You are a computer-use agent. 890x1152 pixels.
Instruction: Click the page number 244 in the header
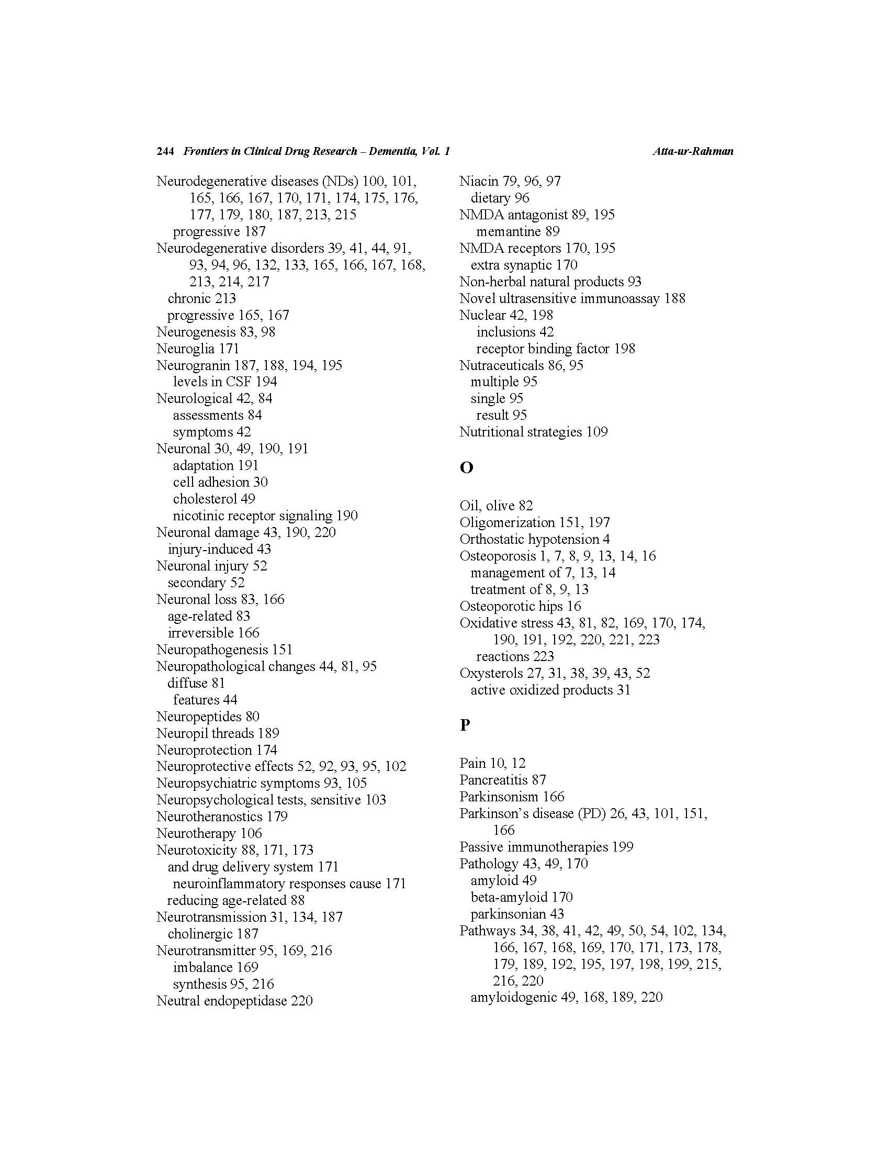[x=165, y=151]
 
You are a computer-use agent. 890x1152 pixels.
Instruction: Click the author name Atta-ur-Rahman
[x=692, y=151]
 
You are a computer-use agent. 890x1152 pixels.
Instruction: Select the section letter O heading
[x=466, y=468]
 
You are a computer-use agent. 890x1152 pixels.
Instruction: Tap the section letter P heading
[x=465, y=725]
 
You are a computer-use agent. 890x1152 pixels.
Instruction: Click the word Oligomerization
[x=506, y=522]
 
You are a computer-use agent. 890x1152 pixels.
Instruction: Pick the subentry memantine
[x=508, y=231]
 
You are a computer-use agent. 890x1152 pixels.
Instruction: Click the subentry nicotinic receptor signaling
[x=252, y=516]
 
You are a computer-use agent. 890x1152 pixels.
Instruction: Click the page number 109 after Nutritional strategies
[x=597, y=432]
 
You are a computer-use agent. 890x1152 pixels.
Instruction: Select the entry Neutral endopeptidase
[x=221, y=1001]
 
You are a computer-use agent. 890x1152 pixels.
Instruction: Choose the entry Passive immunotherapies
[x=534, y=846]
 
